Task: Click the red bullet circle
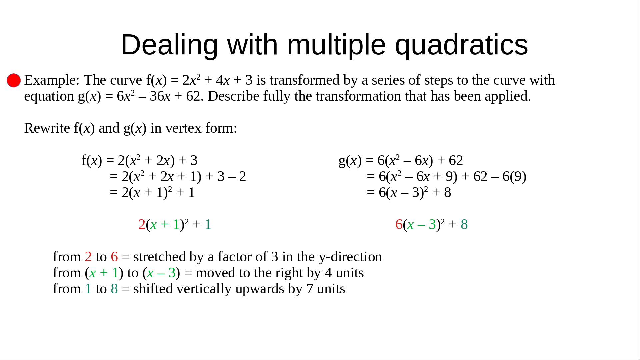coord(14,80)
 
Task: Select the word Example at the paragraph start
coord(52,80)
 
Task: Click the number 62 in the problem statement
coord(193,96)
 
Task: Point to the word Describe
coord(233,96)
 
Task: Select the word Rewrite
coord(47,128)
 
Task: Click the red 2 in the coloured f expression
coord(142,224)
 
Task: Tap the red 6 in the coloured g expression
coord(399,224)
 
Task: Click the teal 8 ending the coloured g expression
coord(464,224)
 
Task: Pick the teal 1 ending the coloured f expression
coord(208,224)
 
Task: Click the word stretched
coord(159,257)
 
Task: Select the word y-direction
coord(350,257)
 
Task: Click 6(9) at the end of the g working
coord(514,177)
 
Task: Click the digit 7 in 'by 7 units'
coord(310,289)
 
